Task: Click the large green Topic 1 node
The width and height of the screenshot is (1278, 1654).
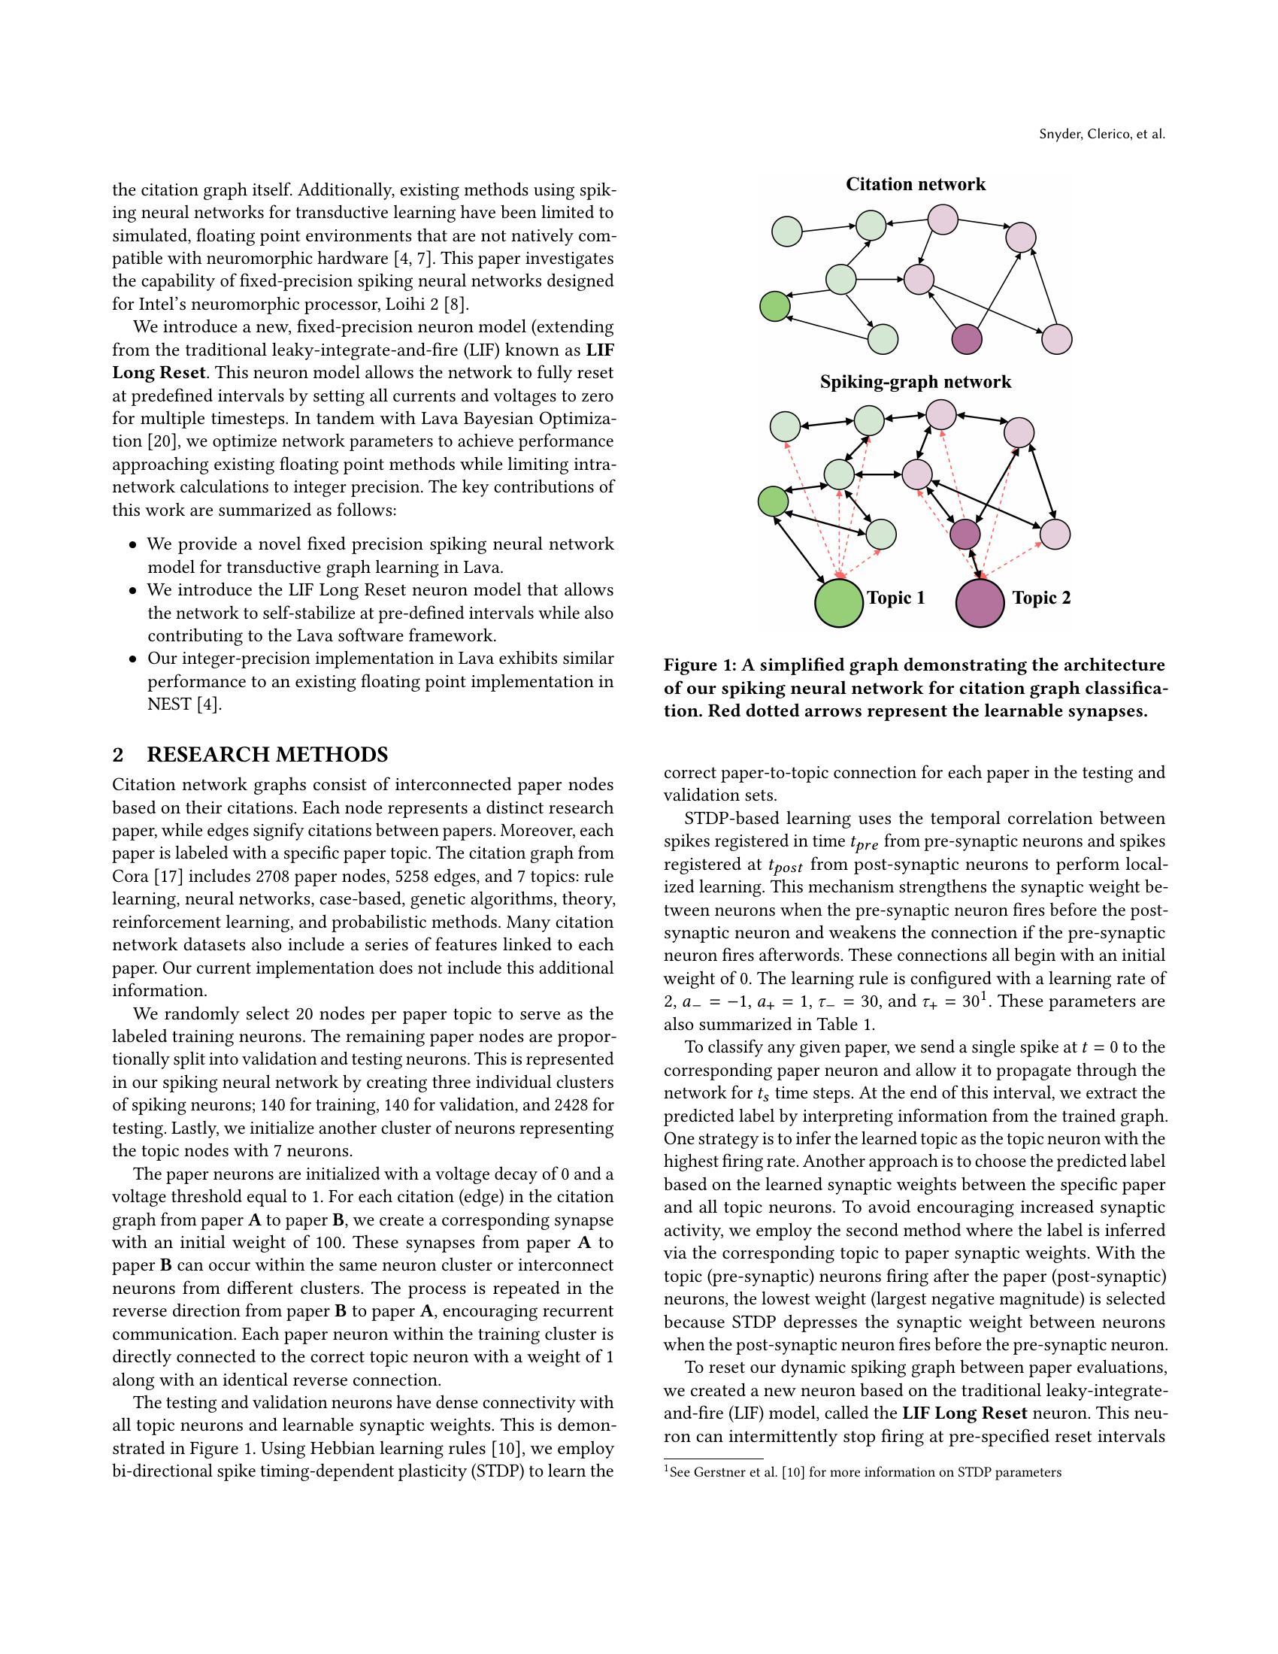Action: click(839, 603)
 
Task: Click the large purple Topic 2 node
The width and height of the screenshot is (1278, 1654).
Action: click(980, 603)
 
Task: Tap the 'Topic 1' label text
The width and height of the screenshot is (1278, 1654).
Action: click(895, 598)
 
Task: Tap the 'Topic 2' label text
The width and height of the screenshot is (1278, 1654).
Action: click(1042, 598)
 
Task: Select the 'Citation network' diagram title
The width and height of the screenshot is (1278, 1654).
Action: click(916, 185)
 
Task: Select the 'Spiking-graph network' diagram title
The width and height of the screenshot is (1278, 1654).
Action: click(916, 382)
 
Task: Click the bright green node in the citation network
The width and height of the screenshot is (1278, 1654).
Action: click(774, 307)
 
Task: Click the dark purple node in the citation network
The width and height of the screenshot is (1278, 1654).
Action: click(967, 338)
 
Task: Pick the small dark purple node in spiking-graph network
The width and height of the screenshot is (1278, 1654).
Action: click(965, 535)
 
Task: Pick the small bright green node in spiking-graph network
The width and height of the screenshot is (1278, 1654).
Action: click(773, 501)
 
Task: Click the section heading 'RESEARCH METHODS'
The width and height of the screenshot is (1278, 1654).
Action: click(268, 755)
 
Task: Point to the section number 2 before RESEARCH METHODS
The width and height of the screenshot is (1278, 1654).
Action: click(118, 755)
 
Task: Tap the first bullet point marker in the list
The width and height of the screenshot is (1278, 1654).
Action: click(133, 545)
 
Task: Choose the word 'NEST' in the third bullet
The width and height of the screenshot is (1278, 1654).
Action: click(169, 704)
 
